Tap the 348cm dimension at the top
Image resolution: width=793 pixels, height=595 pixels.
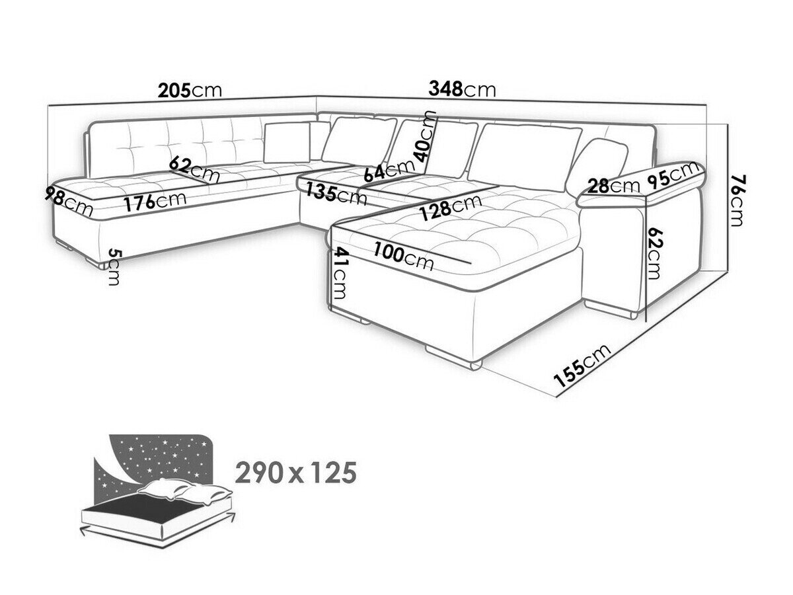[462, 89]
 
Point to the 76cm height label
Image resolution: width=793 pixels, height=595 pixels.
[736, 200]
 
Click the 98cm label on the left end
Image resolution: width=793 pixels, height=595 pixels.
[69, 200]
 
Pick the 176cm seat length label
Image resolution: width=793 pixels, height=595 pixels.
[156, 201]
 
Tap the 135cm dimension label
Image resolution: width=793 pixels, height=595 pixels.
[332, 192]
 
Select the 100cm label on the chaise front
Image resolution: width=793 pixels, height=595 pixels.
[403, 256]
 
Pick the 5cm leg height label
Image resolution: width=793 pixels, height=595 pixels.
[114, 266]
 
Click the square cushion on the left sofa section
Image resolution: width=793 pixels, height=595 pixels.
[287, 142]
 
